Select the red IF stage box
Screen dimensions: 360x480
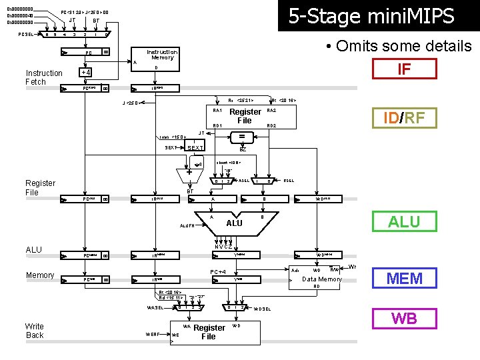click(404, 69)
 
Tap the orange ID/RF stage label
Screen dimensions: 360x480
click(404, 118)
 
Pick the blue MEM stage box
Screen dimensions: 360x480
click(404, 278)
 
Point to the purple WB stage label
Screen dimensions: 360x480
click(404, 318)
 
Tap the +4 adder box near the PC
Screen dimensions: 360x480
click(85, 72)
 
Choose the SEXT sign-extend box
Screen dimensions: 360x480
click(195, 147)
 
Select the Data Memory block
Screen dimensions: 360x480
click(322, 279)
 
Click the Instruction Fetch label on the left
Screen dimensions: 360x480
click(44, 77)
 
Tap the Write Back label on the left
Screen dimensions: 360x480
click(35, 331)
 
